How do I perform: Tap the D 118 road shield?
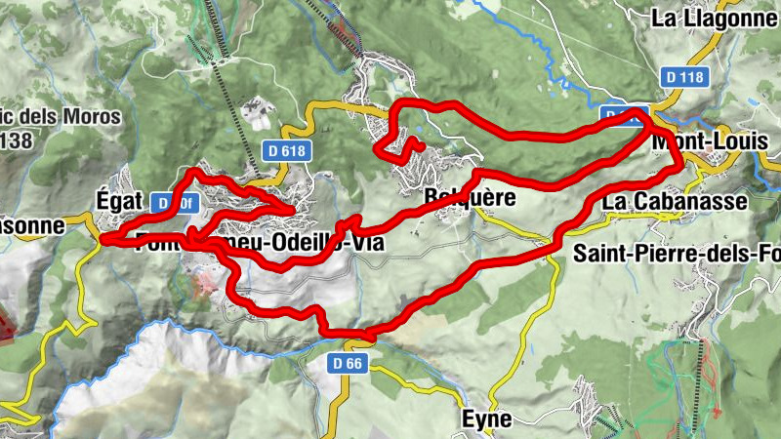(682, 76)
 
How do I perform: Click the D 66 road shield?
(347, 363)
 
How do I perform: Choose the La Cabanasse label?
(675, 201)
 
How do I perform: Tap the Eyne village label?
(486, 419)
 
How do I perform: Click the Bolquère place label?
(455, 198)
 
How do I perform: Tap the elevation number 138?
(18, 141)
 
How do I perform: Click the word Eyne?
(486, 419)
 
